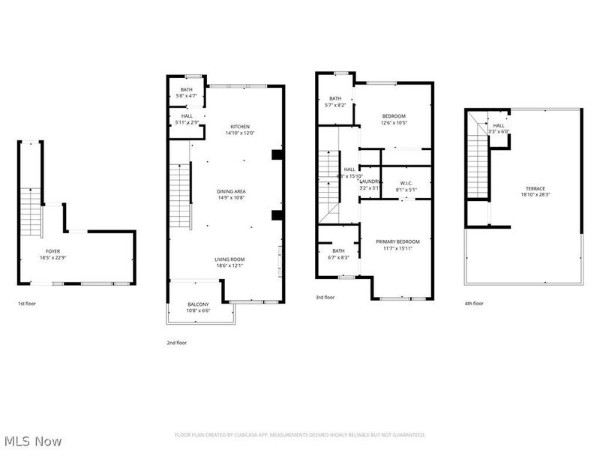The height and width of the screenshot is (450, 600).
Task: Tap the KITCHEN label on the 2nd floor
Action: point(240,126)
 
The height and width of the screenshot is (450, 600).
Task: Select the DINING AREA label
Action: point(231,191)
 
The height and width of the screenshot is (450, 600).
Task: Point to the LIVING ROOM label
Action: point(231,259)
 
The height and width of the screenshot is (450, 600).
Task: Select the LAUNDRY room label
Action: point(370,181)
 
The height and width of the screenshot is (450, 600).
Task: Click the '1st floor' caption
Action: point(26,304)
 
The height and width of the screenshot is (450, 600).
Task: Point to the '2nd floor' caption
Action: point(177,342)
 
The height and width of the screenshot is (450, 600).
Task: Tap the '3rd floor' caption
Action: point(325,298)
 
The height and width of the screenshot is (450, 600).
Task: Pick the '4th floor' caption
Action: point(474,304)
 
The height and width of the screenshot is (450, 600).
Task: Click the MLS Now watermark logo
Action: point(31,441)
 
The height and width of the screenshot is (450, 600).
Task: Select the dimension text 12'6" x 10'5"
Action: point(394,123)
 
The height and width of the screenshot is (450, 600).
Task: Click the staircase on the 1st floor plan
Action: point(29,210)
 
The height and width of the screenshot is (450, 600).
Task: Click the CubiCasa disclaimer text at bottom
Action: point(300,434)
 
